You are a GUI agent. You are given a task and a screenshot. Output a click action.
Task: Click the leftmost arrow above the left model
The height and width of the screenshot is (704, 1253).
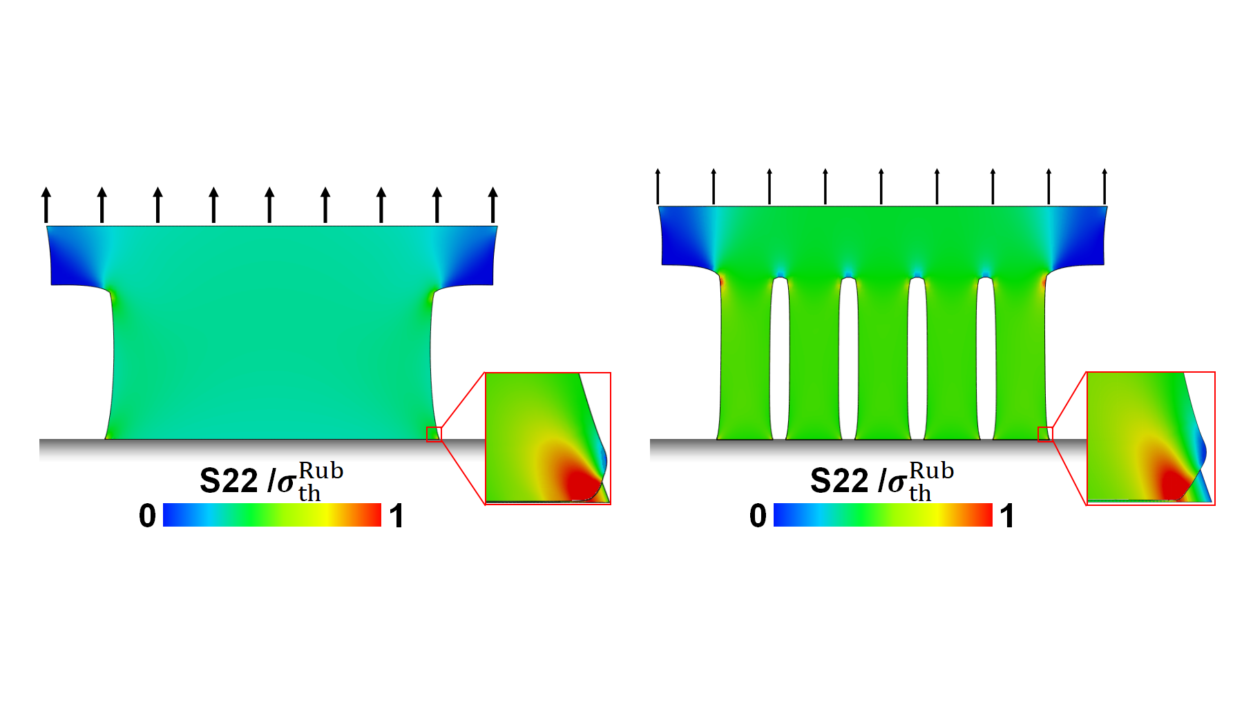[46, 204]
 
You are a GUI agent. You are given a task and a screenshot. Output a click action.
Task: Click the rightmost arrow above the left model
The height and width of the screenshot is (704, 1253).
[492, 204]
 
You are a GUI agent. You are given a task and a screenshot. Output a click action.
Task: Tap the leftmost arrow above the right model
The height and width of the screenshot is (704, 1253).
[658, 186]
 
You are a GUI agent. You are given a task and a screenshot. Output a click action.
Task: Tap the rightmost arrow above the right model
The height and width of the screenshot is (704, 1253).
[1104, 186]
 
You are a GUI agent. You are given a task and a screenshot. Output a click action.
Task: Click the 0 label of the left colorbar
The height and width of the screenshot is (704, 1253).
[147, 516]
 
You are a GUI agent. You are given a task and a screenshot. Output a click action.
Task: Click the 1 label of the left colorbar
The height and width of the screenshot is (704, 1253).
[396, 516]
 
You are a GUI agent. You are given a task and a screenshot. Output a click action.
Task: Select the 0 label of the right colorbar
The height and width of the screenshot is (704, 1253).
[758, 516]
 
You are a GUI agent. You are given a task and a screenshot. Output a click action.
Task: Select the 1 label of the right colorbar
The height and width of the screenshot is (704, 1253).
[1006, 516]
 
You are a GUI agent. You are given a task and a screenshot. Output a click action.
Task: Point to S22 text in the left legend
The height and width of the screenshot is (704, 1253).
[229, 480]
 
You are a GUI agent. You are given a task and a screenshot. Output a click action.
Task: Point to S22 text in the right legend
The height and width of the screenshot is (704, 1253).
[839, 480]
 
